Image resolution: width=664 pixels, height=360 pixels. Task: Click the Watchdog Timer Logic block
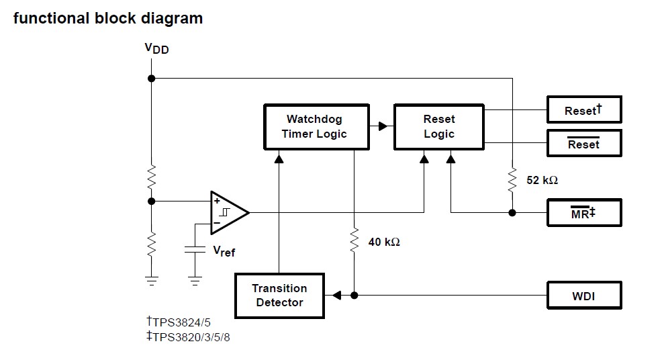coord(316,126)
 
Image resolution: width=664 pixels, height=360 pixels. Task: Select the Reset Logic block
coord(438,126)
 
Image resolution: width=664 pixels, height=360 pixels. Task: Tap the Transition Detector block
coord(279,296)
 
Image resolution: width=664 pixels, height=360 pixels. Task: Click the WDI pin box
coord(583,296)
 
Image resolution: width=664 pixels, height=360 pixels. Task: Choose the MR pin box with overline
coord(583,213)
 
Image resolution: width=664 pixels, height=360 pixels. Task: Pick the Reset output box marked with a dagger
coord(583,110)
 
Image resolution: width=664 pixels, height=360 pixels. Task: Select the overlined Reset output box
coord(583,144)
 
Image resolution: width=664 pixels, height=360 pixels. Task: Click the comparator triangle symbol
coord(227,212)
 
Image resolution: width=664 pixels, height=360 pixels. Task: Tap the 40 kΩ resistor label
coord(384,241)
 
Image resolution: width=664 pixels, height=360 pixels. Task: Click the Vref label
coord(224,251)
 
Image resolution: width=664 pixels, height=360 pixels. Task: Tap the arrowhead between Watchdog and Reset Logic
coord(383,126)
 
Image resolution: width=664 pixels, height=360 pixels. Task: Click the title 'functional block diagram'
coord(108,18)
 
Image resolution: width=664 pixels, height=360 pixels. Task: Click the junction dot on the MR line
coord(512,213)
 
